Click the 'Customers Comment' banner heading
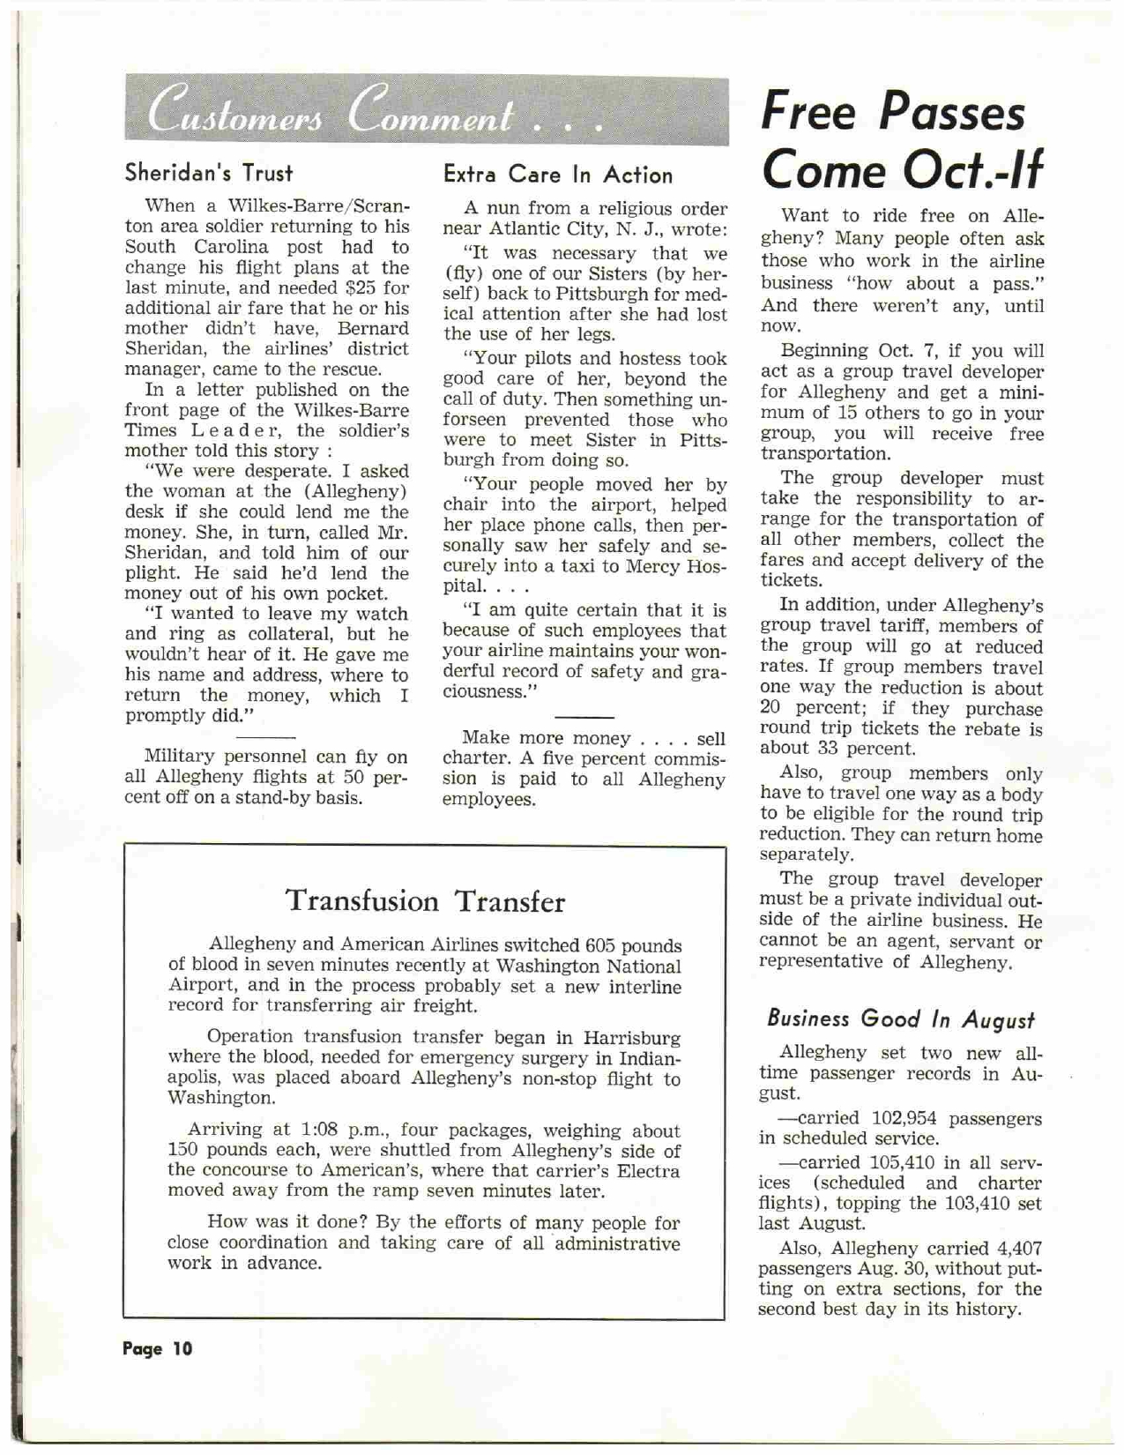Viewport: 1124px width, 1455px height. pos(375,114)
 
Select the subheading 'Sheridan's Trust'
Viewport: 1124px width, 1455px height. pos(208,172)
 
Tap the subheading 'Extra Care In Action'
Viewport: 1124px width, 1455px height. pos(558,175)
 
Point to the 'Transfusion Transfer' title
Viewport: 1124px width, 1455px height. pos(425,901)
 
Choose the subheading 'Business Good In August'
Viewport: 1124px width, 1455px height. pos(900,1018)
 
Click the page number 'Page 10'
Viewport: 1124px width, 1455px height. pos(157,1348)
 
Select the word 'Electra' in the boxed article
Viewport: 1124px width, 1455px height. pos(650,1171)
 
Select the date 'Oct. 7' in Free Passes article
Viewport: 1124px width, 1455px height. pos(918,351)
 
